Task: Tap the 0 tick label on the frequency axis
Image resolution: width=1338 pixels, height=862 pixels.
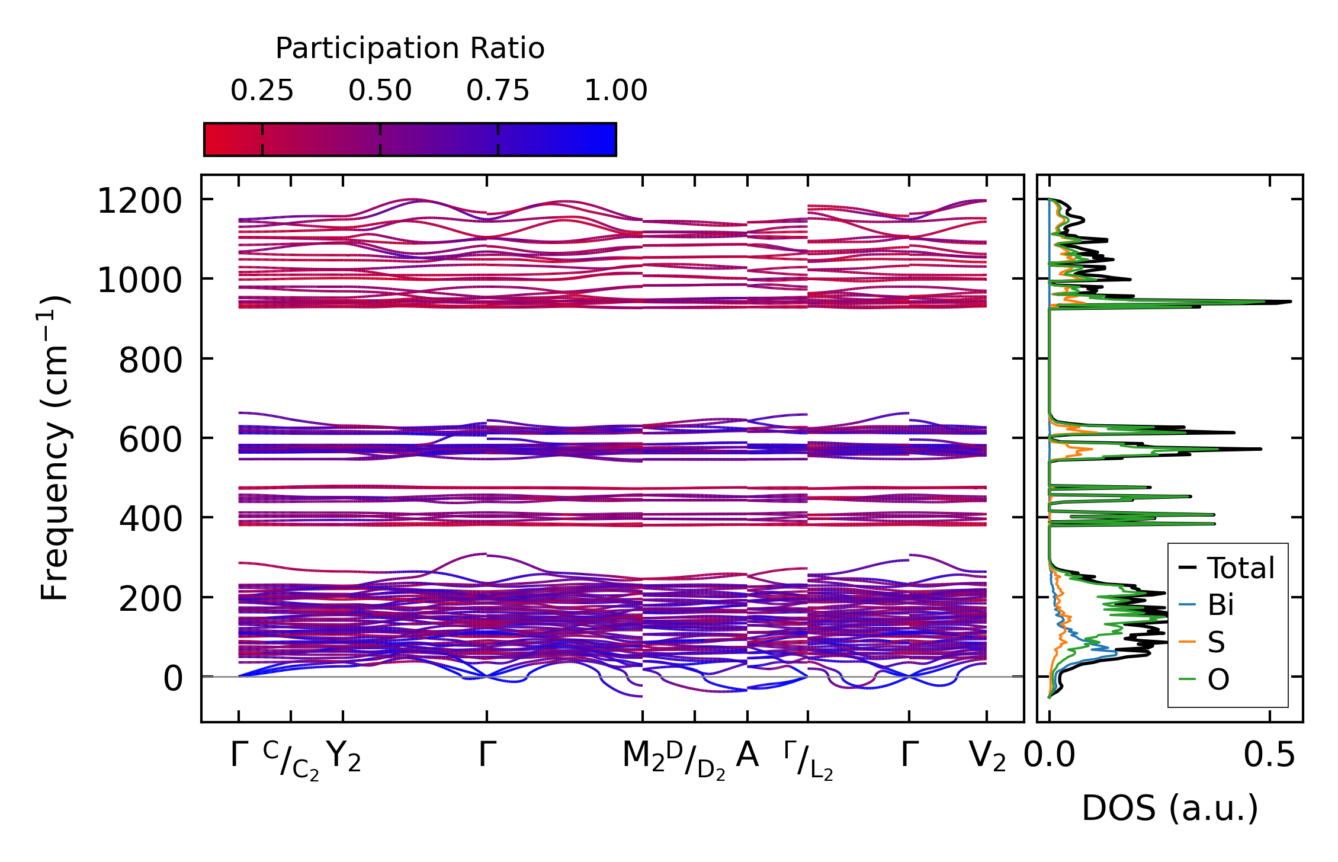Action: pyautogui.click(x=173, y=678)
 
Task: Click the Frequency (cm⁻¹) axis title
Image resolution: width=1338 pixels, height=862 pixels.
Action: pyautogui.click(x=55, y=448)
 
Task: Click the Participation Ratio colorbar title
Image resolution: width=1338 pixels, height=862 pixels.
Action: pyautogui.click(x=410, y=49)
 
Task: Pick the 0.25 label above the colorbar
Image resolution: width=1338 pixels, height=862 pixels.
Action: pyautogui.click(x=262, y=91)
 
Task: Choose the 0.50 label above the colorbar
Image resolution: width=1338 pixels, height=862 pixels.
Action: pyautogui.click(x=380, y=91)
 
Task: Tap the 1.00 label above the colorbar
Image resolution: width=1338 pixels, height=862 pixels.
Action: pyautogui.click(x=616, y=91)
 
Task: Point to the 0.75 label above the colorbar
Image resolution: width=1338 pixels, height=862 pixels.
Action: pyautogui.click(x=498, y=91)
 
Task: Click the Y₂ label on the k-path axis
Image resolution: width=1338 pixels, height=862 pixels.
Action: pyautogui.click(x=344, y=757)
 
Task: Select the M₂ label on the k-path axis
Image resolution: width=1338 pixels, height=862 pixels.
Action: pyautogui.click(x=643, y=757)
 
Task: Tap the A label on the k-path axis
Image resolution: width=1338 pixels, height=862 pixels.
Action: pyautogui.click(x=747, y=755)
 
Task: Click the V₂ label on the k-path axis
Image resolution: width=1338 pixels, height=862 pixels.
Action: pyautogui.click(x=987, y=757)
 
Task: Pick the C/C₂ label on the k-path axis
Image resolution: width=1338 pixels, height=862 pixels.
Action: pyautogui.click(x=291, y=760)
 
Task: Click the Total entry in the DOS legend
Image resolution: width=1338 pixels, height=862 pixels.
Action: pyautogui.click(x=1240, y=568)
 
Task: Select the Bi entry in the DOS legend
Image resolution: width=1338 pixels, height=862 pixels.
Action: pyautogui.click(x=1220, y=605)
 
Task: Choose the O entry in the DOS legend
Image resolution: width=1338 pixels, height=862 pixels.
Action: pyautogui.click(x=1218, y=680)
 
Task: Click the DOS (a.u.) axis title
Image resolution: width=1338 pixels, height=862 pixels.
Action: pyautogui.click(x=1170, y=808)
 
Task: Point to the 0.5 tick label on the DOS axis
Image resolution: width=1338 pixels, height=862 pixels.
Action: pyautogui.click(x=1269, y=756)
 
